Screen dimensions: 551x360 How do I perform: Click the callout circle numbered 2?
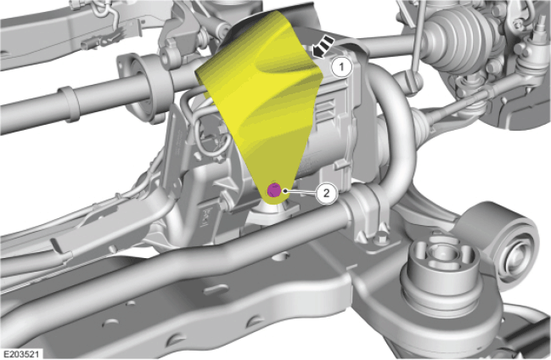click(x=327, y=193)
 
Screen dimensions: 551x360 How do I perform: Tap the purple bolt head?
click(x=273, y=190)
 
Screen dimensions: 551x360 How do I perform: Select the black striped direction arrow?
click(x=323, y=46)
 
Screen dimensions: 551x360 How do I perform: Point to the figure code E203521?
click(x=21, y=354)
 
